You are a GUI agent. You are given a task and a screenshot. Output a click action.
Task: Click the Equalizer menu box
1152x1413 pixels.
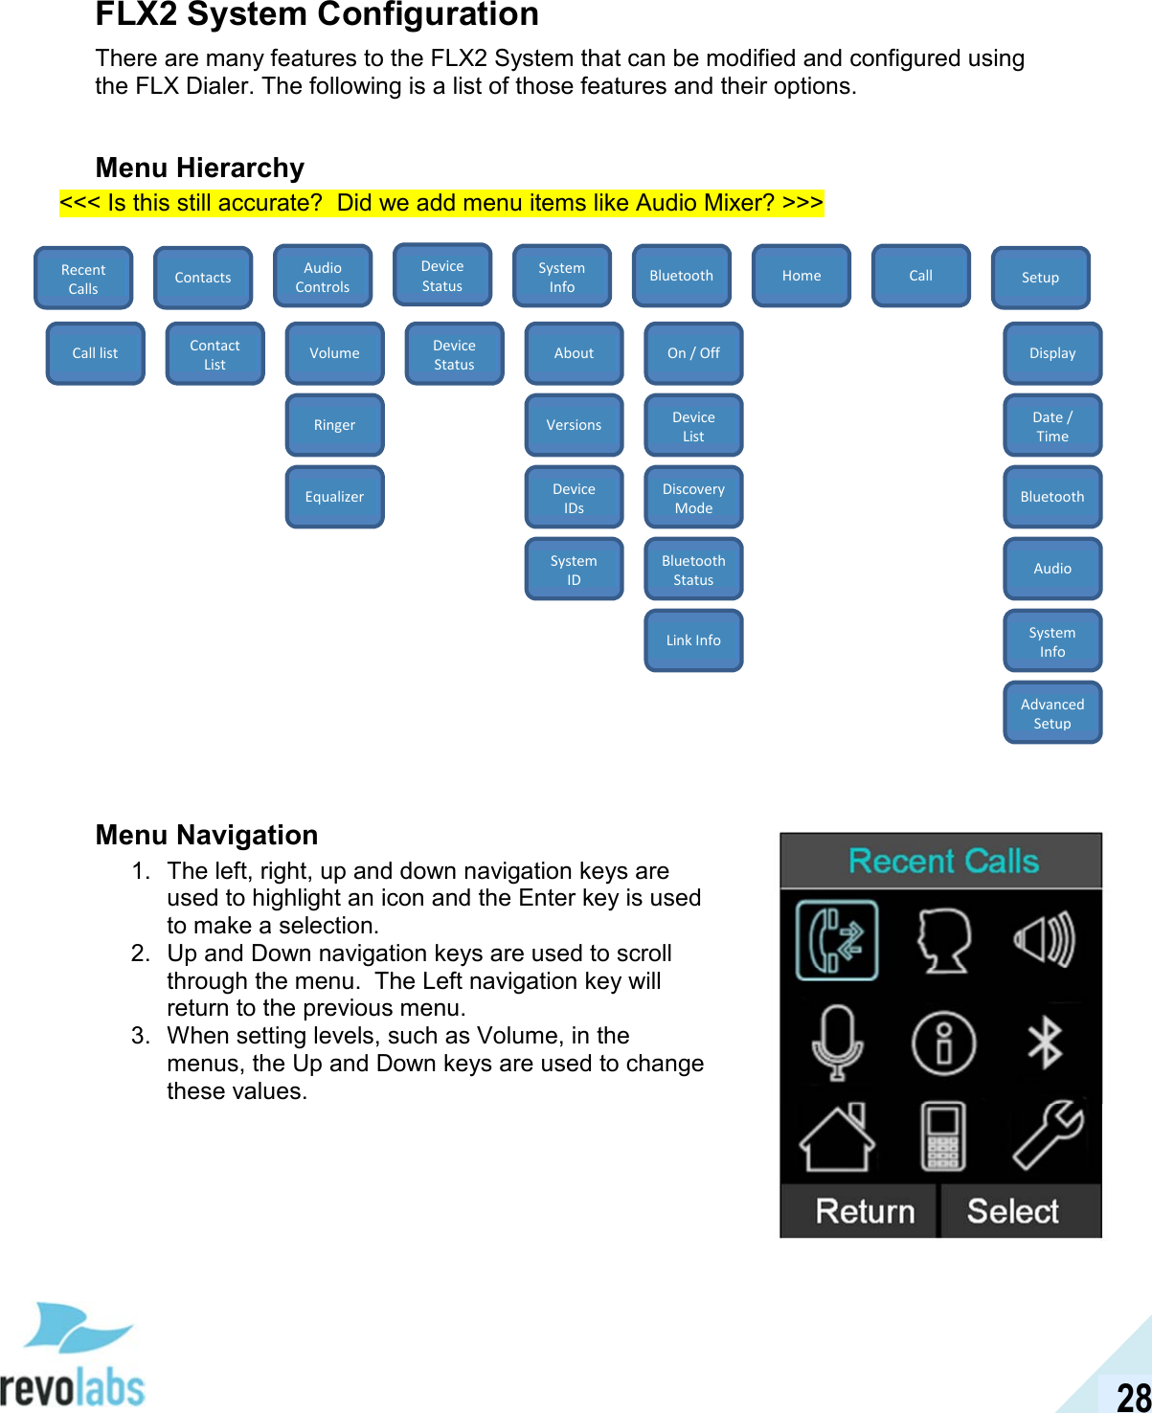[334, 497]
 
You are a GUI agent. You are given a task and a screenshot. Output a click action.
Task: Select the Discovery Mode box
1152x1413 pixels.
[693, 498]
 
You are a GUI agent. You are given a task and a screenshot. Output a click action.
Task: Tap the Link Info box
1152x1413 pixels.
[693, 640]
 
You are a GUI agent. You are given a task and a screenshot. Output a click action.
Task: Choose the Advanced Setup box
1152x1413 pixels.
[1052, 713]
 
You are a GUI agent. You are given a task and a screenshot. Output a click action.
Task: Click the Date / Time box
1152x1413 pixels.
[1052, 426]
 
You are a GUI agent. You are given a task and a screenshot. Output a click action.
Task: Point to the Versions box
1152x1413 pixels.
[574, 425]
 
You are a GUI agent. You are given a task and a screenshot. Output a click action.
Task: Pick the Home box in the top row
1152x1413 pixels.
[801, 276]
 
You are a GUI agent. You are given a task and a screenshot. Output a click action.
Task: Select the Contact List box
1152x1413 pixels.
[215, 354]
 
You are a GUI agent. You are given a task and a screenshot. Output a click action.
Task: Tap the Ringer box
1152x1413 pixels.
[334, 425]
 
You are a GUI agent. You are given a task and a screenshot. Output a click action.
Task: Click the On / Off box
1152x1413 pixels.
[693, 353]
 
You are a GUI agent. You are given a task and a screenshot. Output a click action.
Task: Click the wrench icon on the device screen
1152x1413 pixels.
[1049, 1134]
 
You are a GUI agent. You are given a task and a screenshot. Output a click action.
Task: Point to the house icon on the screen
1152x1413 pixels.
[837, 1136]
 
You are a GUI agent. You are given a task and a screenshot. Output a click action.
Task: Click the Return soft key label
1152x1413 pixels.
[864, 1211]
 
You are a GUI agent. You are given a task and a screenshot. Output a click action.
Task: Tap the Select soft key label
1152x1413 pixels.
[1013, 1211]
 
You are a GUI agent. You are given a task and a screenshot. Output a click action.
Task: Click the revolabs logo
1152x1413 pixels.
[74, 1359]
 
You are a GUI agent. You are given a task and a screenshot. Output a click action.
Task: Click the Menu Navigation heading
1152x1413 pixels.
[207, 835]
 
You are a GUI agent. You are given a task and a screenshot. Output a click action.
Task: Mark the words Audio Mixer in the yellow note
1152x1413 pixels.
[705, 203]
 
